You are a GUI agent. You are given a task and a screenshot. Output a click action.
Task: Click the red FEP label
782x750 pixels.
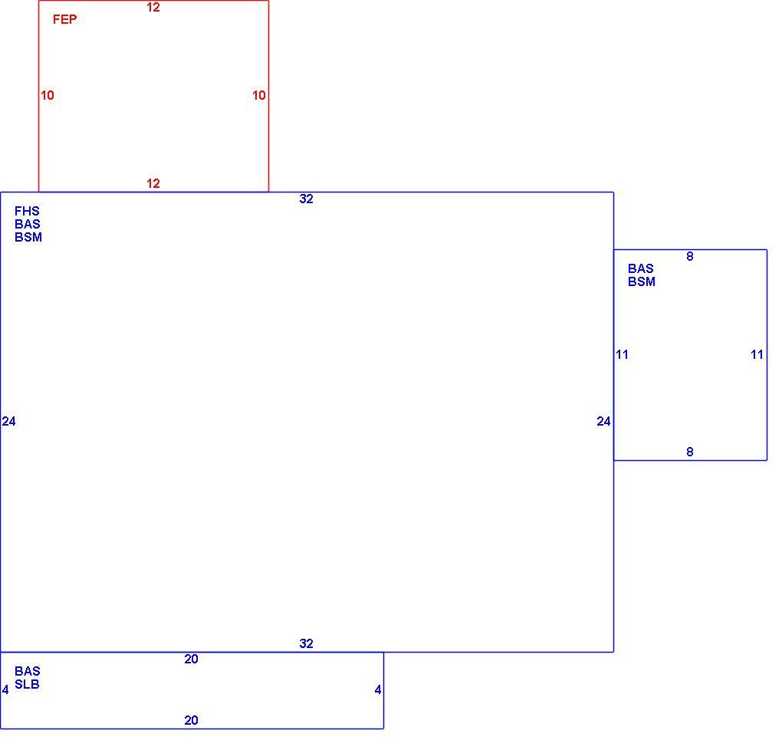tap(65, 19)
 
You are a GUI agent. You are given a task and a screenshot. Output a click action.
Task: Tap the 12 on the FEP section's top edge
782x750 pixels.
tap(153, 8)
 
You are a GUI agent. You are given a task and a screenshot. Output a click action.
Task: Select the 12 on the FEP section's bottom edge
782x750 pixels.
tap(153, 183)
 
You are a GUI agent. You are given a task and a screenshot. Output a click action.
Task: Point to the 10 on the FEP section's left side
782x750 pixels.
tap(48, 95)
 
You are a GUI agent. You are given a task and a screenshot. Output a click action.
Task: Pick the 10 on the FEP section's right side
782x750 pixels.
tap(259, 95)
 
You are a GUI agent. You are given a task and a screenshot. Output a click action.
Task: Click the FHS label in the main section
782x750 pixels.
tap(27, 211)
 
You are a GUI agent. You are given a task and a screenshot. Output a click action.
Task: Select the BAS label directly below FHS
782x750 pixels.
tap(28, 224)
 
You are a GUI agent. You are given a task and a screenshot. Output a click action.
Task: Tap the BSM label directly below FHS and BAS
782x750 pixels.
tap(28, 237)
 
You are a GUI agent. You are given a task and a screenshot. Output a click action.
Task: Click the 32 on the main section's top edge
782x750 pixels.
tap(306, 199)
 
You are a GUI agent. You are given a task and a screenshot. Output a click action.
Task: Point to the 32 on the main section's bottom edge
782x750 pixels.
tap(306, 643)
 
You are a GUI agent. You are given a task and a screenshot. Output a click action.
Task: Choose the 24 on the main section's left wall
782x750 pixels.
tap(9, 422)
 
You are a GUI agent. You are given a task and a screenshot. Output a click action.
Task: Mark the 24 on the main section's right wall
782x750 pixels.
tap(603, 422)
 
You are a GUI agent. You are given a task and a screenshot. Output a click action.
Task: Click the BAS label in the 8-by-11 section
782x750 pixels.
tap(641, 268)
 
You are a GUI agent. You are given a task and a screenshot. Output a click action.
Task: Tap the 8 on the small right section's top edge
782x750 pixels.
tap(690, 256)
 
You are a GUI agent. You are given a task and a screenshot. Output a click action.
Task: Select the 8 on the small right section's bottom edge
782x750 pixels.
tap(690, 452)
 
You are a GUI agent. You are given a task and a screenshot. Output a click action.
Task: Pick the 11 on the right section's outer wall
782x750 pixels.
tap(757, 355)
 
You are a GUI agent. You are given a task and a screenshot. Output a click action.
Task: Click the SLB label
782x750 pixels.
tap(27, 684)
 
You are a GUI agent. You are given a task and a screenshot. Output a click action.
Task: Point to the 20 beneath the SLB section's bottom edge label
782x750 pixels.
tap(191, 721)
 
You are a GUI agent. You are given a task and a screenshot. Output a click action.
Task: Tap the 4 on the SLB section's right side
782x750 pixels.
tap(378, 690)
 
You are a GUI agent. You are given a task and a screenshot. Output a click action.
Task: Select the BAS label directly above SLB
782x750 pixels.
tap(28, 671)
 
